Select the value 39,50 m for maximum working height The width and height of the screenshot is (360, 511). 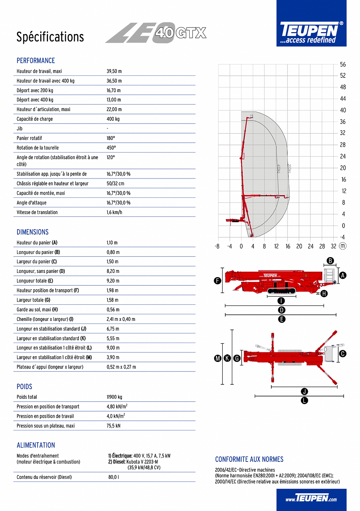(114, 71)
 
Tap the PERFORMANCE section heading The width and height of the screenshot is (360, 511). (36, 61)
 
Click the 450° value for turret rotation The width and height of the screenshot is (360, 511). (111, 148)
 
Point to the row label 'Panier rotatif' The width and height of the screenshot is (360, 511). (29, 138)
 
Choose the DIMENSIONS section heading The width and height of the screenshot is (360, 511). (33, 232)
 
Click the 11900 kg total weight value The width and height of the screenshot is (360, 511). (114, 397)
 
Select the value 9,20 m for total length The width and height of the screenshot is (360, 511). (113, 281)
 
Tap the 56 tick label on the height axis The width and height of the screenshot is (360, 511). (343, 65)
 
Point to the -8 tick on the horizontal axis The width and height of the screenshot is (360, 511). (217, 246)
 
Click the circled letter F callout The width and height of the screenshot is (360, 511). (218, 281)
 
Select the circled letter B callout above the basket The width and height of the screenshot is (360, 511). (330, 261)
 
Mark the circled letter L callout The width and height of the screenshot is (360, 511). (305, 401)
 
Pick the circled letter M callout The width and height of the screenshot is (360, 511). (218, 358)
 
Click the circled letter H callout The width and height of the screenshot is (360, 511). (324, 294)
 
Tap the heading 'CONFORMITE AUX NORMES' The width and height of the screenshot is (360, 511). (249, 460)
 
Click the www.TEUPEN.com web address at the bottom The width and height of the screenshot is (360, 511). (311, 499)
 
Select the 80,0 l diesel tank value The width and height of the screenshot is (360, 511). (113, 477)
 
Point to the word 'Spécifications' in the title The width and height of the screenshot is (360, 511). (50, 37)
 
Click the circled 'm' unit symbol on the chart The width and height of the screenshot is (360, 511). (343, 246)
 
